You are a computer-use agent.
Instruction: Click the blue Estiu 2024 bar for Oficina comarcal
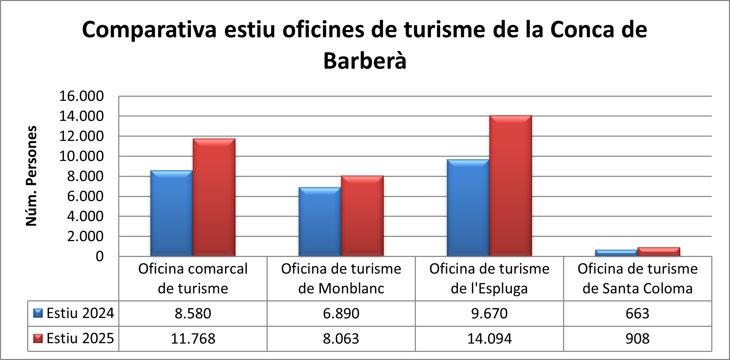click(172, 213)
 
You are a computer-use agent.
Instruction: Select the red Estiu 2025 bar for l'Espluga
click(510, 186)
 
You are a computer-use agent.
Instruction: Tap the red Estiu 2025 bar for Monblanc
click(362, 216)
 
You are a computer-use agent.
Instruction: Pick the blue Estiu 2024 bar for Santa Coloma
click(616, 253)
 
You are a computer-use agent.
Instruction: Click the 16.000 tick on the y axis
click(81, 96)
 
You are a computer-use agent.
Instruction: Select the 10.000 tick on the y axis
click(81, 156)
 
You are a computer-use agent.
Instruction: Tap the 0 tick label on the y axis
click(100, 256)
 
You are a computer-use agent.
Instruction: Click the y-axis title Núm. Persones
click(31, 176)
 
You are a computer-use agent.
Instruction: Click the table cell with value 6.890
click(341, 313)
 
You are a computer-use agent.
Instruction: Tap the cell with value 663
click(638, 313)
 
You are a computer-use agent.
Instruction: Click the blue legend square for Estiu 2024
click(38, 313)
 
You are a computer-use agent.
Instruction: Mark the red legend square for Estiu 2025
click(38, 338)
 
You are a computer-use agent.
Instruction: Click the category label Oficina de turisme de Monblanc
click(341, 279)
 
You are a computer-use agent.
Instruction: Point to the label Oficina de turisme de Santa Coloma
click(638, 279)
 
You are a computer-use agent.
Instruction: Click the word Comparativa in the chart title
click(149, 30)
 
